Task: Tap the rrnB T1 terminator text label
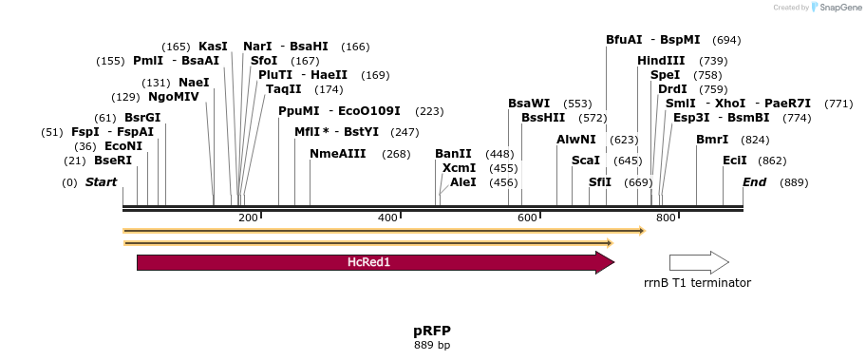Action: click(697, 282)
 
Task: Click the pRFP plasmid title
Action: click(432, 331)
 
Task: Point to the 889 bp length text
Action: click(432, 345)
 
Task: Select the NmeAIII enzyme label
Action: click(337, 154)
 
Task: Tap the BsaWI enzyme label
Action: click(529, 103)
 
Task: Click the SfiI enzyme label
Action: click(600, 181)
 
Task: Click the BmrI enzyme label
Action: click(712, 140)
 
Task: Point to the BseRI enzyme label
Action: click(113, 161)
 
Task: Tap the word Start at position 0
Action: click(102, 181)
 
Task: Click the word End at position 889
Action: click(754, 181)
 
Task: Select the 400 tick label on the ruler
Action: click(387, 218)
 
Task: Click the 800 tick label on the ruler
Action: click(666, 218)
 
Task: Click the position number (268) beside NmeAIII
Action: click(396, 154)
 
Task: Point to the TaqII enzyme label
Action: click(284, 89)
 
